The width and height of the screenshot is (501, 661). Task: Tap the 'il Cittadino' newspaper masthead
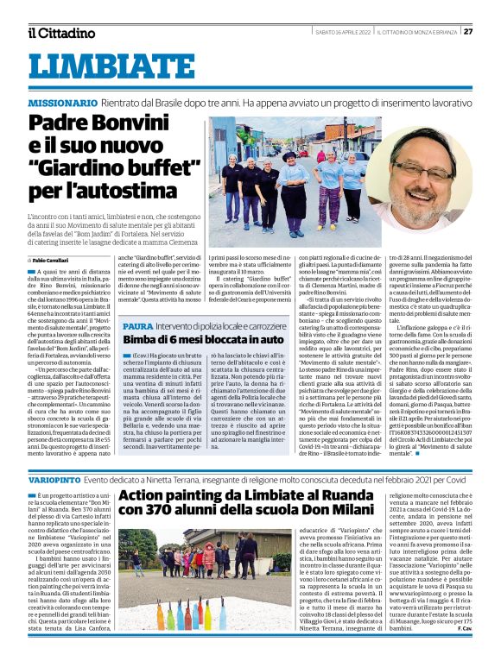(60, 33)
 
